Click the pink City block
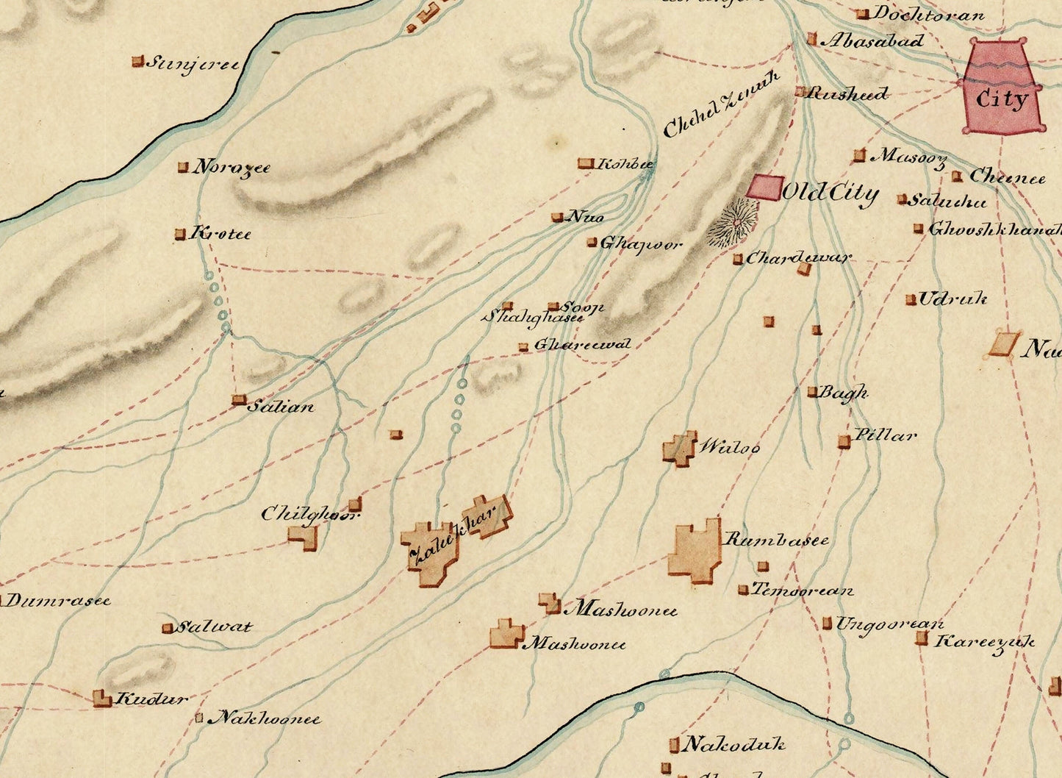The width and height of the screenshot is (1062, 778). point(1002,87)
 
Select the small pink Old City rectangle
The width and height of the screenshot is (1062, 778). point(764,187)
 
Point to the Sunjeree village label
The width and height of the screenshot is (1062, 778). point(193,64)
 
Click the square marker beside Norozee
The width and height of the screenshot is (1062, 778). point(183,168)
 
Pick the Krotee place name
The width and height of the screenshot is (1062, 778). point(220,235)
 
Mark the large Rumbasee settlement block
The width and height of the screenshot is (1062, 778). point(695,551)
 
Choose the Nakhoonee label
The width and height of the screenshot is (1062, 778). point(265,718)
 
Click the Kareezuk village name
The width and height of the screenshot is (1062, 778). point(983,642)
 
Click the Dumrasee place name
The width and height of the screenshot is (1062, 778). point(57,601)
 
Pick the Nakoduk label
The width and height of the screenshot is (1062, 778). point(733,745)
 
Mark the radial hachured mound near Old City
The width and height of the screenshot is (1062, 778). point(733,221)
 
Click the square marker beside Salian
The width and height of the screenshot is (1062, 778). point(238,400)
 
